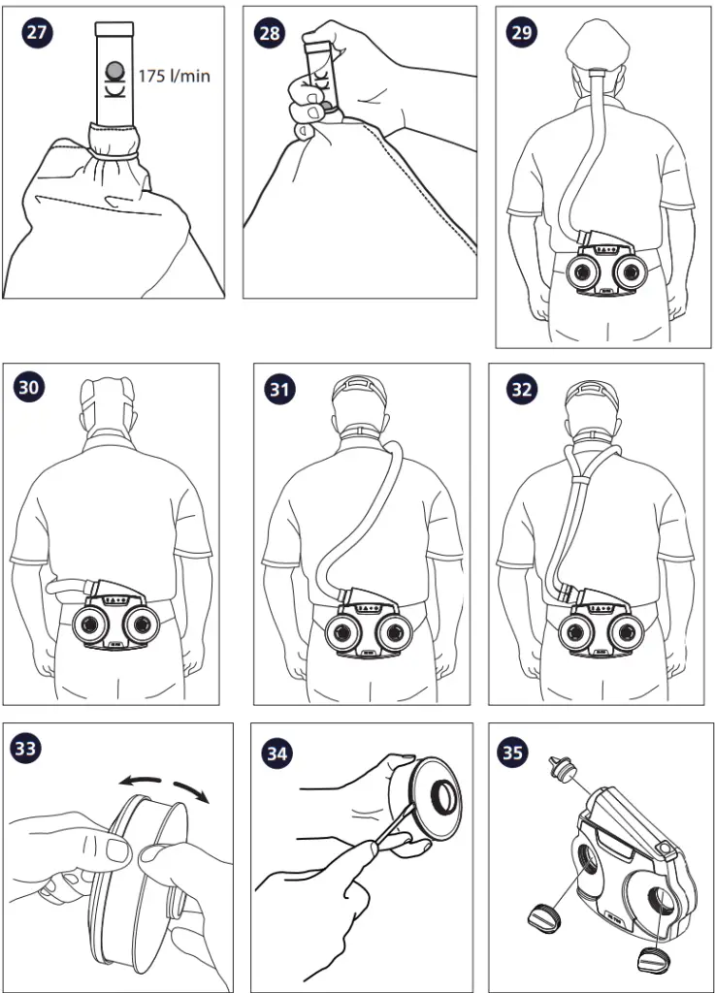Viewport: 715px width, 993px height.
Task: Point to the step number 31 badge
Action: pyautogui.click(x=279, y=388)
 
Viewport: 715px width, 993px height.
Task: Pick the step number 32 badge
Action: pyautogui.click(x=521, y=388)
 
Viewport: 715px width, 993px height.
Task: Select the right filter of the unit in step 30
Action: pyautogui.click(x=145, y=626)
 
